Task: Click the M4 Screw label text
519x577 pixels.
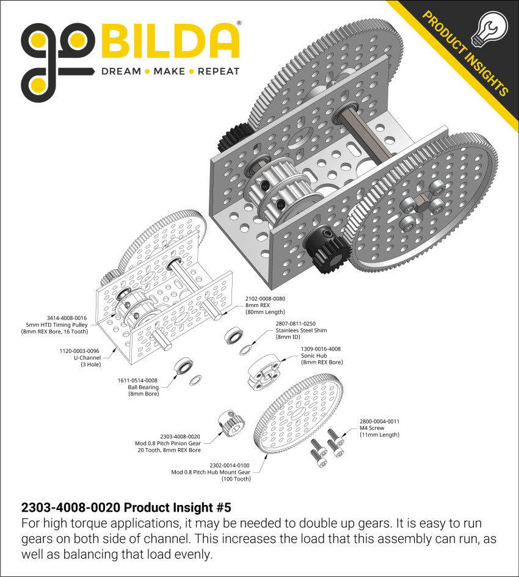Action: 369,428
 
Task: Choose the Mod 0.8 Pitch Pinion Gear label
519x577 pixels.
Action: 176,443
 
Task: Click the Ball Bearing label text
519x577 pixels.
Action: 142,387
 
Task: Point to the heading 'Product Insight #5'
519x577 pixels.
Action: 126,507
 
